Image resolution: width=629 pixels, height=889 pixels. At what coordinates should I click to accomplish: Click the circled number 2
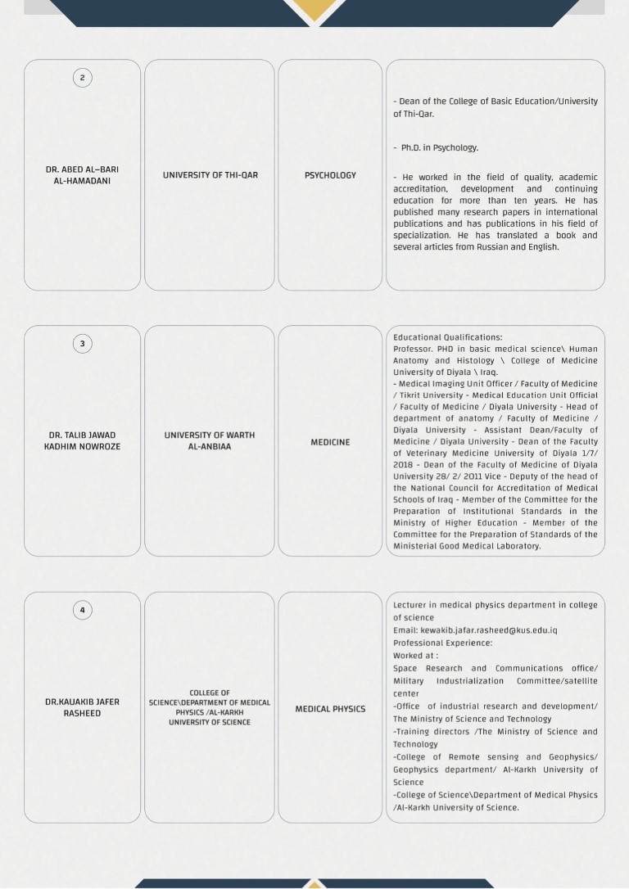[x=82, y=78]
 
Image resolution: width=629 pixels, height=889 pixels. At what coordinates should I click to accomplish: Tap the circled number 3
[x=82, y=344]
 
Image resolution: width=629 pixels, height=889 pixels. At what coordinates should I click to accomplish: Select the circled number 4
[x=82, y=610]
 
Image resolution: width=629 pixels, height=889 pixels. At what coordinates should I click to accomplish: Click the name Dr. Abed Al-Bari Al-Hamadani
[x=82, y=175]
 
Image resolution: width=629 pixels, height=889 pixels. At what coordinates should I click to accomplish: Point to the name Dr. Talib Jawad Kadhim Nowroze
[x=82, y=441]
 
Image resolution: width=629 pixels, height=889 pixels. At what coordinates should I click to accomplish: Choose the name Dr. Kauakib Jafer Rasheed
[x=82, y=707]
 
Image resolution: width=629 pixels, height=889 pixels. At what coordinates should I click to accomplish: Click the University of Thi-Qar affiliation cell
[x=210, y=175]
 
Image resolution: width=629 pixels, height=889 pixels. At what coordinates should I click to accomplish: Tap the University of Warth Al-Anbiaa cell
[x=210, y=441]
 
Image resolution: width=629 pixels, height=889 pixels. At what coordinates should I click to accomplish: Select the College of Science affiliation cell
[x=210, y=707]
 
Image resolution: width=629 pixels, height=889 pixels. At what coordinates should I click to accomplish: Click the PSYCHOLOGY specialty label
[x=330, y=175]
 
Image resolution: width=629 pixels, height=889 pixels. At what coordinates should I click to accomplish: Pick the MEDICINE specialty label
[x=330, y=442]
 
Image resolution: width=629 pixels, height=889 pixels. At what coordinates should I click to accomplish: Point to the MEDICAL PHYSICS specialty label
[x=330, y=709]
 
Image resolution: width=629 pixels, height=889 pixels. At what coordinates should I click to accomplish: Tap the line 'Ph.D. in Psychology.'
[x=440, y=148]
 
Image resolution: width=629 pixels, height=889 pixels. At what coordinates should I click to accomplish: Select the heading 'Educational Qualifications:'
[x=447, y=337]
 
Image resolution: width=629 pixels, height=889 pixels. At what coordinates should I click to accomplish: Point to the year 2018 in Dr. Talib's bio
[x=404, y=465]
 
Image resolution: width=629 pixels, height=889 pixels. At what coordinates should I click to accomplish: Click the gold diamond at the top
[x=314, y=7]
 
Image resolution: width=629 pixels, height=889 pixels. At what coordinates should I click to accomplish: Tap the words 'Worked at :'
[x=415, y=656]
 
